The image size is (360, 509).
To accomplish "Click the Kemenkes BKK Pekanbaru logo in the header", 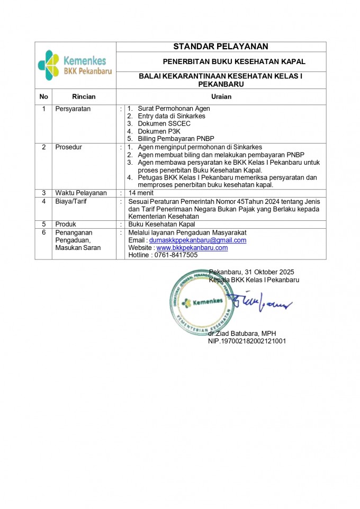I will pyautogui.click(x=75, y=65).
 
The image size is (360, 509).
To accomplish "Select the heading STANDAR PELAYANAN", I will pyautogui.click(x=221, y=47).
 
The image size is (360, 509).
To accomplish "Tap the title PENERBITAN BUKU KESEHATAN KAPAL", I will pyautogui.click(x=233, y=62).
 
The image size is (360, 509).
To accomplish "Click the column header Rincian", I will pyautogui.click(x=84, y=96).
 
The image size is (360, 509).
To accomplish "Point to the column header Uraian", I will pyautogui.click(x=221, y=96).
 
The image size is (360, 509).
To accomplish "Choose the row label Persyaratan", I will pyautogui.click(x=73, y=109).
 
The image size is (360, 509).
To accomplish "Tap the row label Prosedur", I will pyautogui.click(x=69, y=147).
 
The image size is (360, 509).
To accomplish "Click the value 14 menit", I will pyautogui.click(x=141, y=193).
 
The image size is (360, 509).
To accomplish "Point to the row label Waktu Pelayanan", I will pyautogui.click(x=81, y=193).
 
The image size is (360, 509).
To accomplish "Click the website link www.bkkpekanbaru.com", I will pyautogui.click(x=192, y=247).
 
